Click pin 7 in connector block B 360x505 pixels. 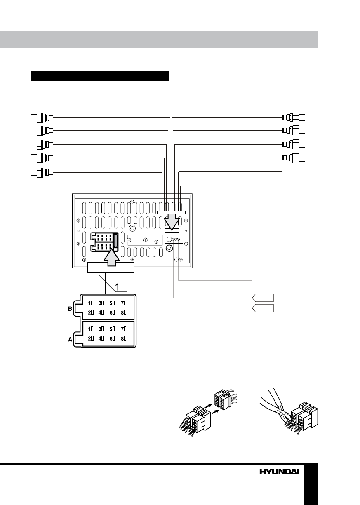click(123, 303)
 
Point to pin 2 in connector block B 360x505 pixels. click(91, 312)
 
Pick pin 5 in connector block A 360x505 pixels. click(112, 329)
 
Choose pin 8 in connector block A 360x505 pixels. click(123, 338)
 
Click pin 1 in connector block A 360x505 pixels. click(91, 329)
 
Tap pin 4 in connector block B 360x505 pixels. click(101, 312)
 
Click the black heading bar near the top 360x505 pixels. click(100, 76)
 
